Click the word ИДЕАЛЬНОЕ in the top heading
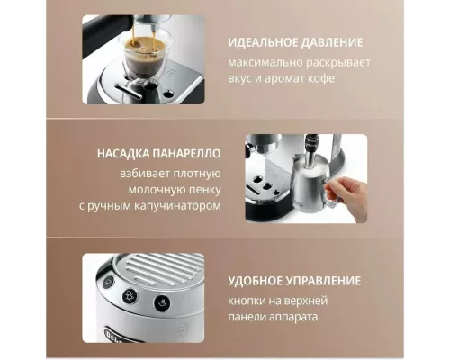(258, 42)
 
